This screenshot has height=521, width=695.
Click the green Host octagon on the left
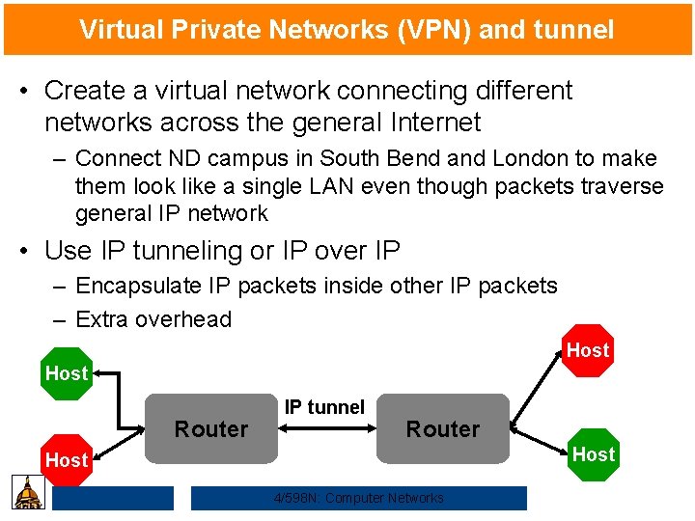[x=66, y=372]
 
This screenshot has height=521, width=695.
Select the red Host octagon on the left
[x=66, y=460]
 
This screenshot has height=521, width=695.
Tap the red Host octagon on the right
[x=588, y=350]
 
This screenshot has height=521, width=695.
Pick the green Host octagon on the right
[x=593, y=453]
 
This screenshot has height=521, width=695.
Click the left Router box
[x=211, y=428]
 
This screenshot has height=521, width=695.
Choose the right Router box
[x=443, y=428]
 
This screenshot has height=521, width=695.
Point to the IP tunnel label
[x=324, y=407]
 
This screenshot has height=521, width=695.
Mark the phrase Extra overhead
[x=153, y=319]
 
